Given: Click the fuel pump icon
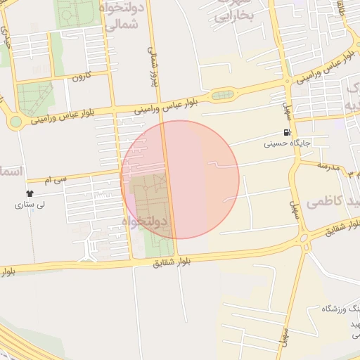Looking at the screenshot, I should click(286, 132).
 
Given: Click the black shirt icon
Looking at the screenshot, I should click(30, 193).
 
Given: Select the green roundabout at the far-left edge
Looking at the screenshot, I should click(15, 123).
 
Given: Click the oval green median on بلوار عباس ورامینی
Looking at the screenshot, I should click(222, 95).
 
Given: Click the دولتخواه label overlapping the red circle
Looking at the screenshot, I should click(146, 221).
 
